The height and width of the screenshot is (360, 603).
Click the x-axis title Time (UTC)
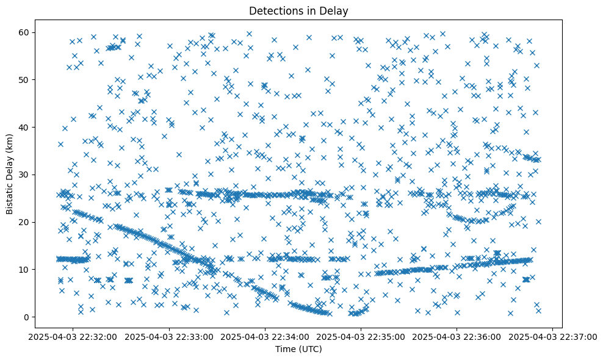tap(298, 349)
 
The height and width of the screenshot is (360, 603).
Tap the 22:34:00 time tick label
tap(265, 336)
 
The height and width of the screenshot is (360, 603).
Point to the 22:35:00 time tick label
tap(361, 336)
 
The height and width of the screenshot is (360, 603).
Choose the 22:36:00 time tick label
tap(457, 336)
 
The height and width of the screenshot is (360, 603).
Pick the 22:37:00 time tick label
tap(553, 336)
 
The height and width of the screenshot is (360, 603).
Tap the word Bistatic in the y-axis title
tap(10, 195)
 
